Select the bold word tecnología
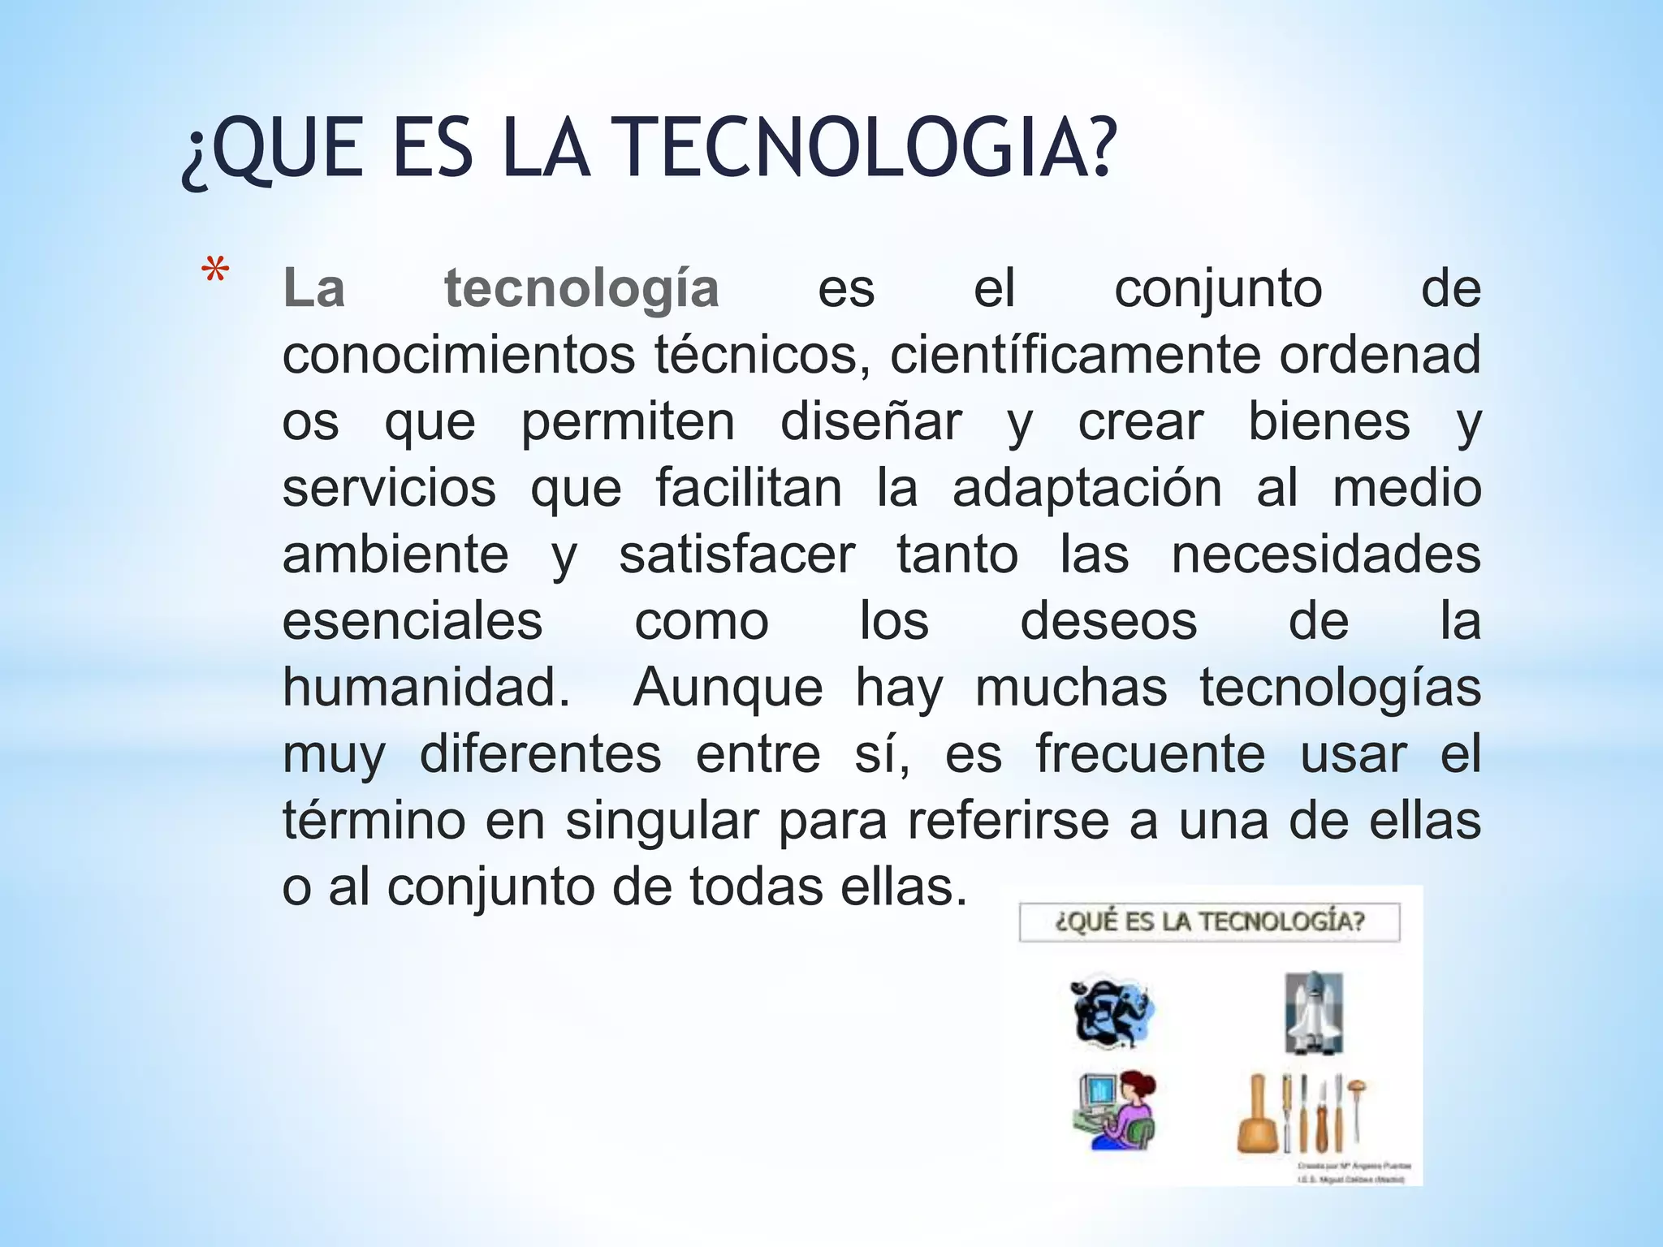coord(581,290)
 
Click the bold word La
coord(313,290)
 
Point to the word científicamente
coord(1076,356)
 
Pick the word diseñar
coord(870,422)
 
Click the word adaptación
coord(1086,489)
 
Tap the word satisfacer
coord(736,555)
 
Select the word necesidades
coord(1326,555)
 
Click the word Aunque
coord(728,688)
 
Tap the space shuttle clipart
coord(1313,1013)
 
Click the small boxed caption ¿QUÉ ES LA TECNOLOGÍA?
coord(1209,922)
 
